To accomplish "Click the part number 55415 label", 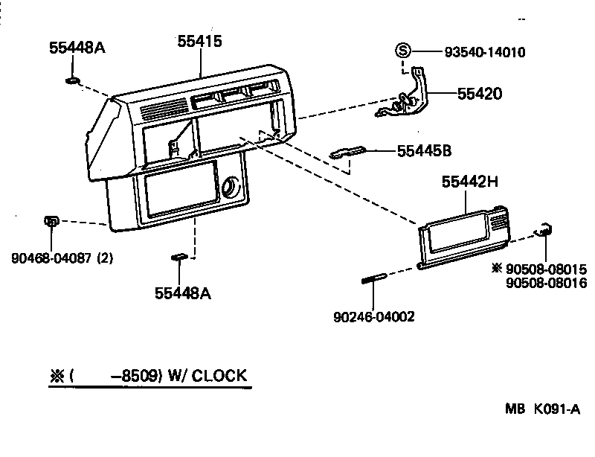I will click(200, 42).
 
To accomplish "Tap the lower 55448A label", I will click(183, 293).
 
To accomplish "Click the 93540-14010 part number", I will click(484, 52).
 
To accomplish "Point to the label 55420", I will click(479, 94).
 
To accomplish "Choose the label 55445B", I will click(424, 151).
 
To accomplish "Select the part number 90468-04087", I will click(52, 259).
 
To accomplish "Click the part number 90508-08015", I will click(546, 269).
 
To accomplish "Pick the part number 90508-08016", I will click(546, 283).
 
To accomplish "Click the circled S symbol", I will click(402, 51).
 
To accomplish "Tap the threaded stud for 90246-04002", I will click(372, 280).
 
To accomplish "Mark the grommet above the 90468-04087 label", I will click(51, 221).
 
